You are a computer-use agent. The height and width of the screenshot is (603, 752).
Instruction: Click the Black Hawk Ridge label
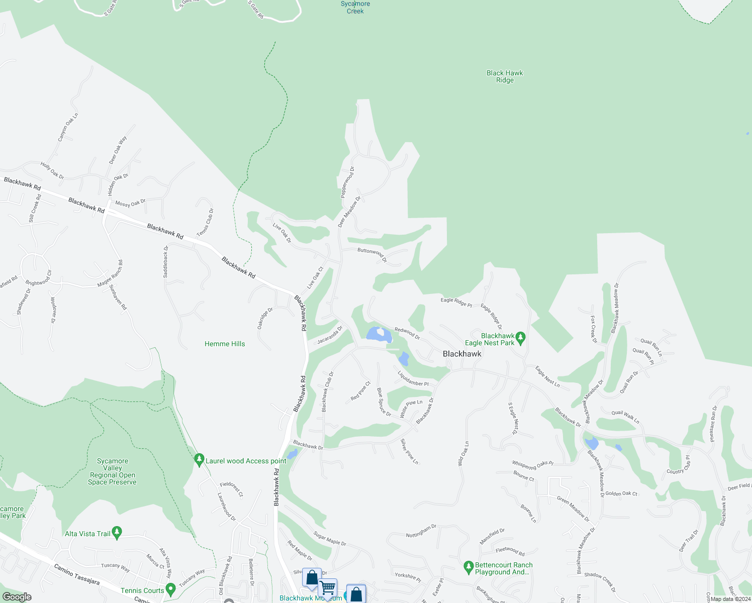click(x=505, y=76)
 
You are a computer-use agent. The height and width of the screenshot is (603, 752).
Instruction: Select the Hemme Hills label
click(x=225, y=344)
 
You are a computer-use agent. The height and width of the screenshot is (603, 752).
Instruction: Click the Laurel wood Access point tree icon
click(x=199, y=460)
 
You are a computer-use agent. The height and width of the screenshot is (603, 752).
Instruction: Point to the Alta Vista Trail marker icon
click(x=117, y=533)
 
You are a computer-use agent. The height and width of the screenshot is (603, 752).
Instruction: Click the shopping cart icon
click(x=327, y=587)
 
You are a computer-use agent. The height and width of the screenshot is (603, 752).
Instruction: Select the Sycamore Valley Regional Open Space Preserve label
click(x=112, y=472)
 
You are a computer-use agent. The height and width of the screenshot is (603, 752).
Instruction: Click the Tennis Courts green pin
click(x=170, y=589)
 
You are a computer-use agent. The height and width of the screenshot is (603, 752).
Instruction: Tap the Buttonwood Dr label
click(x=372, y=254)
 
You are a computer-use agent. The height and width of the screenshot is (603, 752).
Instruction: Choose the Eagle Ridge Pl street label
click(x=456, y=302)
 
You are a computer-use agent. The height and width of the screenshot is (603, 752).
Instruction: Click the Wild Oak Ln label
click(x=463, y=454)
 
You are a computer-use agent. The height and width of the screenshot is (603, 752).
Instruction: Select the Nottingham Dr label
click(x=421, y=531)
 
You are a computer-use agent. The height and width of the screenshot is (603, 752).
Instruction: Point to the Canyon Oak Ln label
click(x=68, y=127)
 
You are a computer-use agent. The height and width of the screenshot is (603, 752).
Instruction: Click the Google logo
click(x=17, y=597)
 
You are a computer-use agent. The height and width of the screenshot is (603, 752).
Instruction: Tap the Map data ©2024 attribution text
click(x=730, y=599)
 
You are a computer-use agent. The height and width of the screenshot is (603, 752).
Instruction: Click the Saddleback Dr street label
click(x=166, y=261)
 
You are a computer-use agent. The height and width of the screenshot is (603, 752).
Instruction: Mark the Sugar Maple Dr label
click(x=330, y=538)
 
